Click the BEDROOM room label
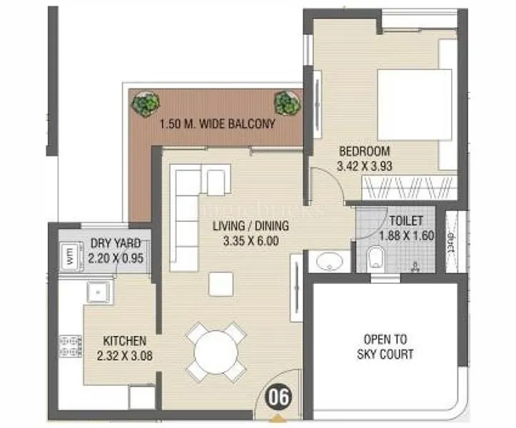coord(364,151)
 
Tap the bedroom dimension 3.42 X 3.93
coord(364,166)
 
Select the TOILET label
coord(407,221)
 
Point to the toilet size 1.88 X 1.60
coord(407,235)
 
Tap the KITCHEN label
coord(125,341)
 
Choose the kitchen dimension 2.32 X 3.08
coord(125,355)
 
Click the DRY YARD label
coord(116,243)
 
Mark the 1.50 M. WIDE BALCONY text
coord(217,124)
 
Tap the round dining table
coord(215,352)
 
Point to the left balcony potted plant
coord(146,104)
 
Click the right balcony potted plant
coord(286,102)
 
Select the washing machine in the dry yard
coord(71,255)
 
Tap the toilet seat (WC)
coord(375,259)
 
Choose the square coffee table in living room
coord(220,284)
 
